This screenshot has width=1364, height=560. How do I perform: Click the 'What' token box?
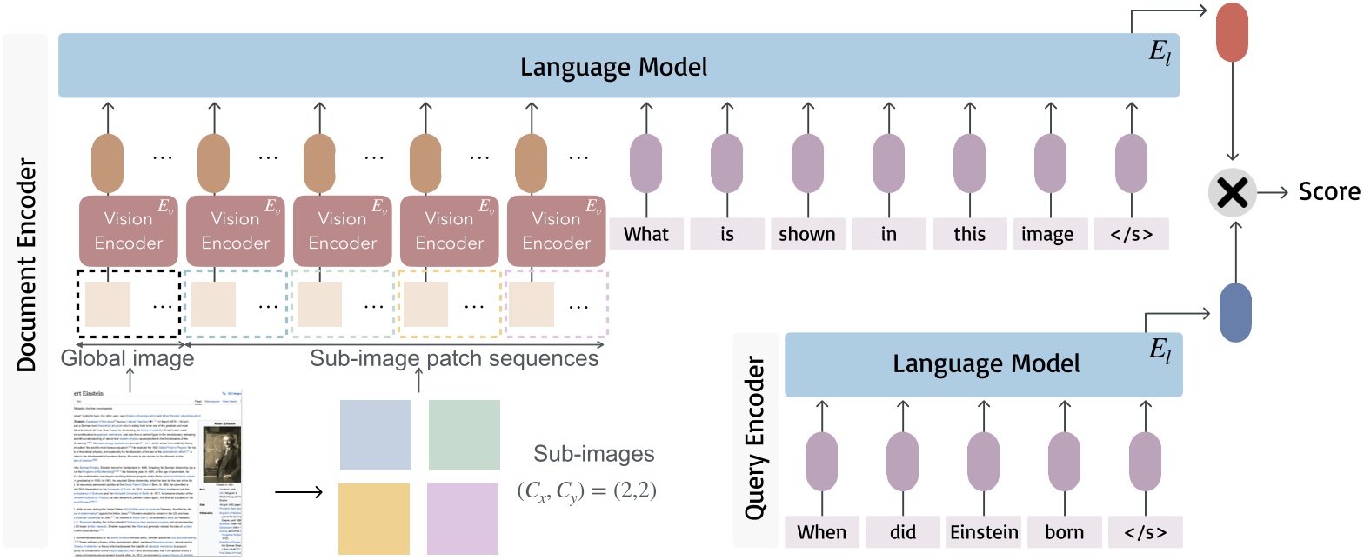(646, 234)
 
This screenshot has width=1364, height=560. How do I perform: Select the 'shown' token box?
(806, 234)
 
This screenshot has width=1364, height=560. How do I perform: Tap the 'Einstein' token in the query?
(985, 530)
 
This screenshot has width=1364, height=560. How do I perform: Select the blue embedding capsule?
(1235, 314)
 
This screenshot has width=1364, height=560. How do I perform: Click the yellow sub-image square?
(375, 520)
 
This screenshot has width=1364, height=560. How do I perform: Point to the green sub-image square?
(464, 436)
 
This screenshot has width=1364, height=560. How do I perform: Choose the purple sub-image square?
(464, 520)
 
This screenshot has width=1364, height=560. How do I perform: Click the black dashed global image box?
(128, 304)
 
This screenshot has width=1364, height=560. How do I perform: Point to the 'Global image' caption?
(128, 358)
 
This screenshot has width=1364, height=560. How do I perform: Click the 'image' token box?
(1046, 234)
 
